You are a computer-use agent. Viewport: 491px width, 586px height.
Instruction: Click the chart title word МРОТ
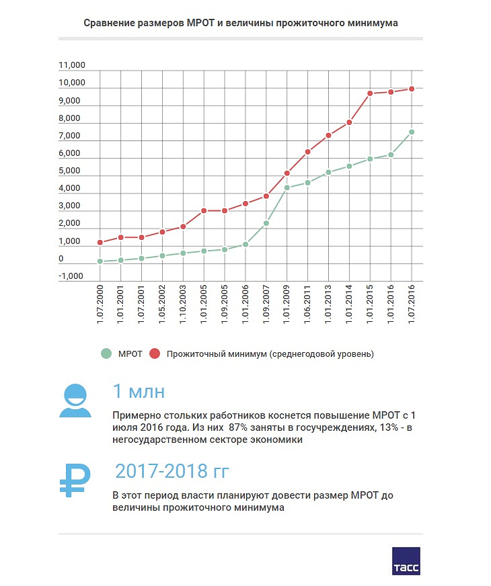[x=200, y=23]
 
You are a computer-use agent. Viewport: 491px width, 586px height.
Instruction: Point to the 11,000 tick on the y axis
[x=72, y=65]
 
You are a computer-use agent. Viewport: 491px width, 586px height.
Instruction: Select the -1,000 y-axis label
[x=71, y=276]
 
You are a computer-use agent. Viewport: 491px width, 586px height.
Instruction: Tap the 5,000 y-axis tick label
[x=69, y=171]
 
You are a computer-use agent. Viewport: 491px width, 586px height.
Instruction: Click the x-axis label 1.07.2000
[x=100, y=304]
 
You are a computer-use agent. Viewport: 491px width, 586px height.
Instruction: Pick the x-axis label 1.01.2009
[x=287, y=304]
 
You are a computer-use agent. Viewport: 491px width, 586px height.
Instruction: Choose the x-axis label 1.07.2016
[x=412, y=304]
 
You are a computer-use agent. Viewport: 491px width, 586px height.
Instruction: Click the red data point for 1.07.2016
[x=412, y=89]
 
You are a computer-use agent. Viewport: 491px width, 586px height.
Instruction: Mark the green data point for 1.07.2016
[x=412, y=132]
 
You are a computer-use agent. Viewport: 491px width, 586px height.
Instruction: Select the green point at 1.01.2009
[x=287, y=187]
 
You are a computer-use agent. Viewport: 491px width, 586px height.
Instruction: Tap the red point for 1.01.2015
[x=370, y=93]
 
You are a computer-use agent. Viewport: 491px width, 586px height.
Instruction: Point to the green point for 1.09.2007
[x=266, y=224]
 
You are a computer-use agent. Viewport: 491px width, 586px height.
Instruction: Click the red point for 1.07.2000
[x=100, y=243]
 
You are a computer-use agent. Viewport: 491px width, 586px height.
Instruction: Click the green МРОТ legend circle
[x=106, y=353]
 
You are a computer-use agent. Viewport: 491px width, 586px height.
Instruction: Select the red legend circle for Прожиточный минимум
[x=155, y=353]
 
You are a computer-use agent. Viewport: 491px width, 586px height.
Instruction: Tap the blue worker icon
[x=75, y=401]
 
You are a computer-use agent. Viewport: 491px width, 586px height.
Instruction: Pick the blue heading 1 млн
[x=139, y=391]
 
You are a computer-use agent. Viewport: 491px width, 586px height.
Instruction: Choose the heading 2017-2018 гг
[x=172, y=471]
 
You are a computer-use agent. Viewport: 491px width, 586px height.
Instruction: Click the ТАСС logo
[x=406, y=561]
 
